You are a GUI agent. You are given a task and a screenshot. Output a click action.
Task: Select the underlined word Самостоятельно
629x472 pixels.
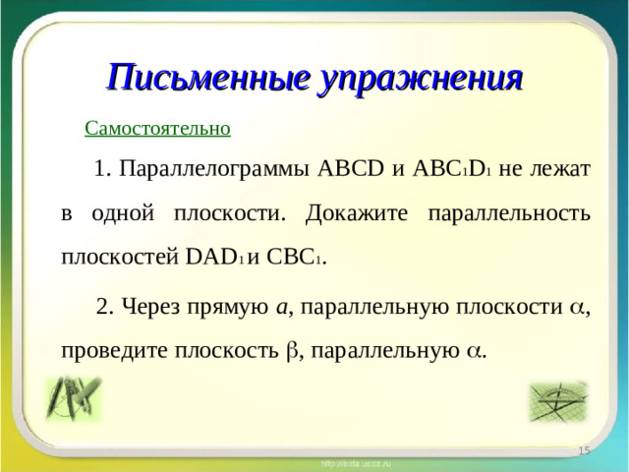pos(157,128)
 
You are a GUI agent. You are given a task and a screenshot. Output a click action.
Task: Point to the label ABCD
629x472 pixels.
pos(352,168)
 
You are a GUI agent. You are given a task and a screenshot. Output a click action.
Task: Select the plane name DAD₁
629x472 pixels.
pos(214,259)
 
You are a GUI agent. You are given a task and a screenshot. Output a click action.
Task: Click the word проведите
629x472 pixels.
pos(109,350)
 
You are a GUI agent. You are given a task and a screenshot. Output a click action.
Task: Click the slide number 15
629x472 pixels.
pos(584,449)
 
